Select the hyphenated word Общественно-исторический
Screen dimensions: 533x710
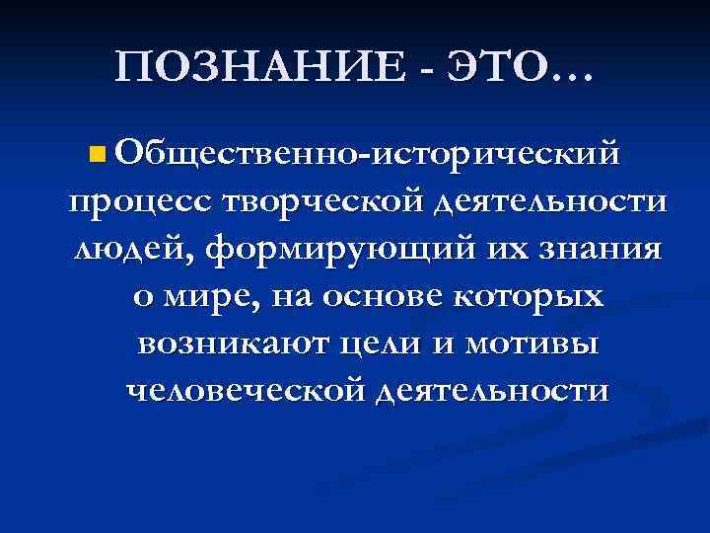click(367, 153)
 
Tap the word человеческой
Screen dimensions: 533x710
click(248, 392)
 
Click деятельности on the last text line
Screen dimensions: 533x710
click(493, 392)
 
